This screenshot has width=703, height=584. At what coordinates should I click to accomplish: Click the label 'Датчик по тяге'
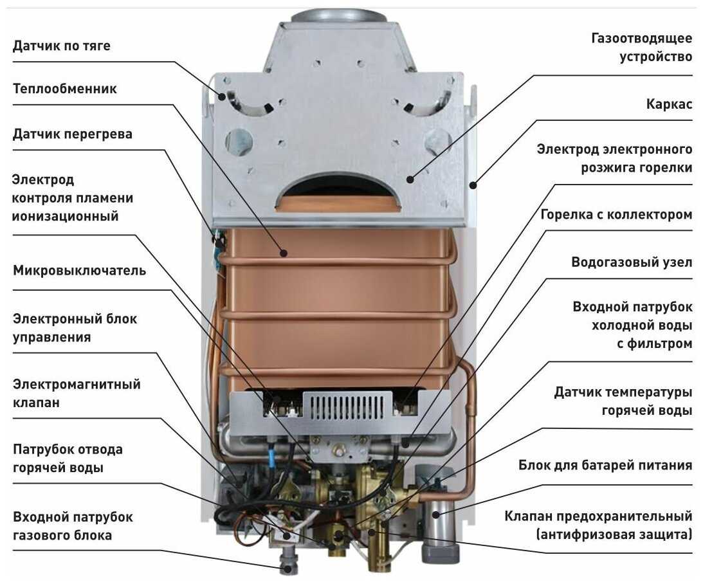61,46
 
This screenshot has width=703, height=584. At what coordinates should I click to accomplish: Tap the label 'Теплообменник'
64,89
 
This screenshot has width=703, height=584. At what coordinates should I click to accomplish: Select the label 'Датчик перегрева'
72,134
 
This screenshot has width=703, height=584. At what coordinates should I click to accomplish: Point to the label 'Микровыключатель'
79,271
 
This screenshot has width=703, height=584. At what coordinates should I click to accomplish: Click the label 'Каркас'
669,104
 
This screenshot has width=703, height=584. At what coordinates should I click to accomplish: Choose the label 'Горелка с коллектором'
616,215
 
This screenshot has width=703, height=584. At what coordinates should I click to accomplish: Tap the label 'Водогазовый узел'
632,262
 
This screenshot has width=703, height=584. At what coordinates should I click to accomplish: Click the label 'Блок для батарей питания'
605,465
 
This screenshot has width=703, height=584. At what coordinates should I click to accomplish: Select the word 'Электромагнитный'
77,385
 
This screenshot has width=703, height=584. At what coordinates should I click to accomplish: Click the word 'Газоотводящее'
642,39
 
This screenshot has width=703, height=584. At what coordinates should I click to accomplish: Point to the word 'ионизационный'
66,217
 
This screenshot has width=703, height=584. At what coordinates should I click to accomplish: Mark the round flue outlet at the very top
338,17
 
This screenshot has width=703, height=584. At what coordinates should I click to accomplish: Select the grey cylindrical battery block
439,513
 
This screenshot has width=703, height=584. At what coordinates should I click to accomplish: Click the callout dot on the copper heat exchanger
284,253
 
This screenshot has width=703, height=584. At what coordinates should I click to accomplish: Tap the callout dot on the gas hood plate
409,179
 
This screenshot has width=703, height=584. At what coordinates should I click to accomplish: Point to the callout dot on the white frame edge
473,184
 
